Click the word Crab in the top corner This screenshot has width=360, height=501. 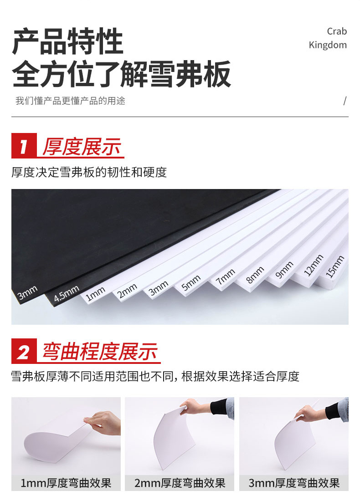pos(337,31)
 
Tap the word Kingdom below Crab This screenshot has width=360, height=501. pos(328,45)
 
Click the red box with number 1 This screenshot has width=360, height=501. pos(24,147)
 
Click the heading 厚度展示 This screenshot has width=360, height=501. pos(82,147)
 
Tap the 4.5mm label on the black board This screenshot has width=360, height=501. pos(67,294)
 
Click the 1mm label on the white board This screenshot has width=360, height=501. pos(96,294)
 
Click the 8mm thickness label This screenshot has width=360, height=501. pos(255,275)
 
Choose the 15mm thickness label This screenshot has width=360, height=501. pos(335,267)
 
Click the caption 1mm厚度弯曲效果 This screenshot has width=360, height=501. pos(66,483)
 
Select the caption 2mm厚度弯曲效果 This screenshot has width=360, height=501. pos(180,483)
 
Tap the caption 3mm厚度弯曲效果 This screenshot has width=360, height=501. pos(294,483)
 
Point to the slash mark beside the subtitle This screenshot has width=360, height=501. pos(345,101)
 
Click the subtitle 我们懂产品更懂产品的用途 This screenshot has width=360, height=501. pos(70,101)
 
